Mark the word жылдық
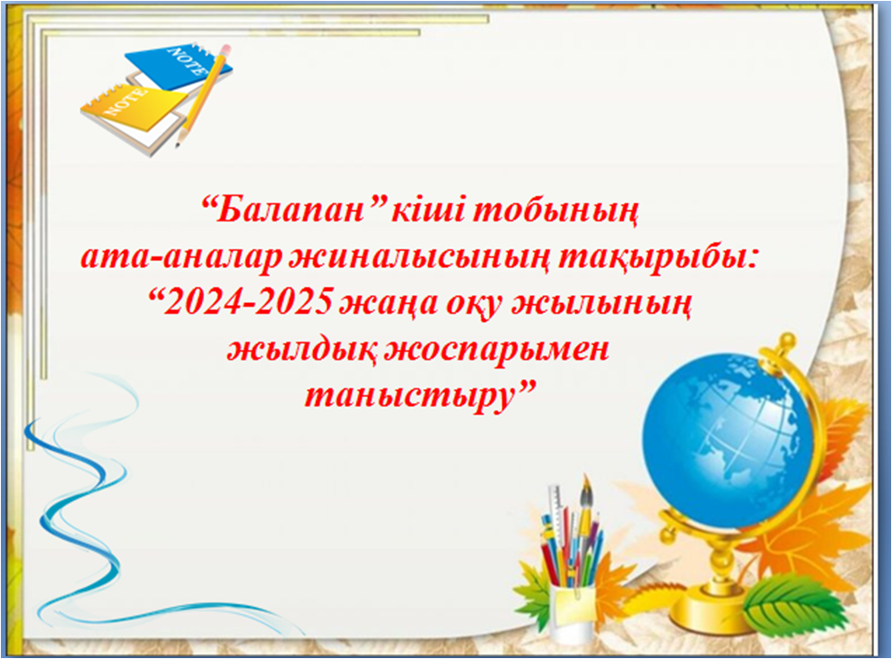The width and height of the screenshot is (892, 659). click(x=302, y=349)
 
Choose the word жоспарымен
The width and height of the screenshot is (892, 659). click(x=496, y=349)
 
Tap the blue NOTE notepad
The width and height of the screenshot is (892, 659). click(x=179, y=66)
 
